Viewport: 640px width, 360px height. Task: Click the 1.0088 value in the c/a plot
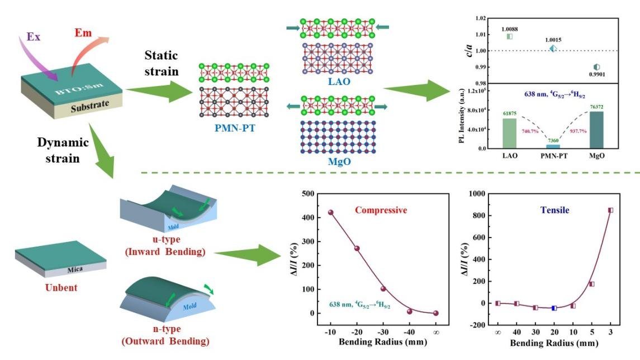pos(510,29)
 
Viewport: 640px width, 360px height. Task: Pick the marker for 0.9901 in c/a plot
pos(596,67)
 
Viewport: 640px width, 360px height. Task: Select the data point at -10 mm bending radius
pos(330,212)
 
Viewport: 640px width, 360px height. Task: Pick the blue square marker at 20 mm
pos(554,308)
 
